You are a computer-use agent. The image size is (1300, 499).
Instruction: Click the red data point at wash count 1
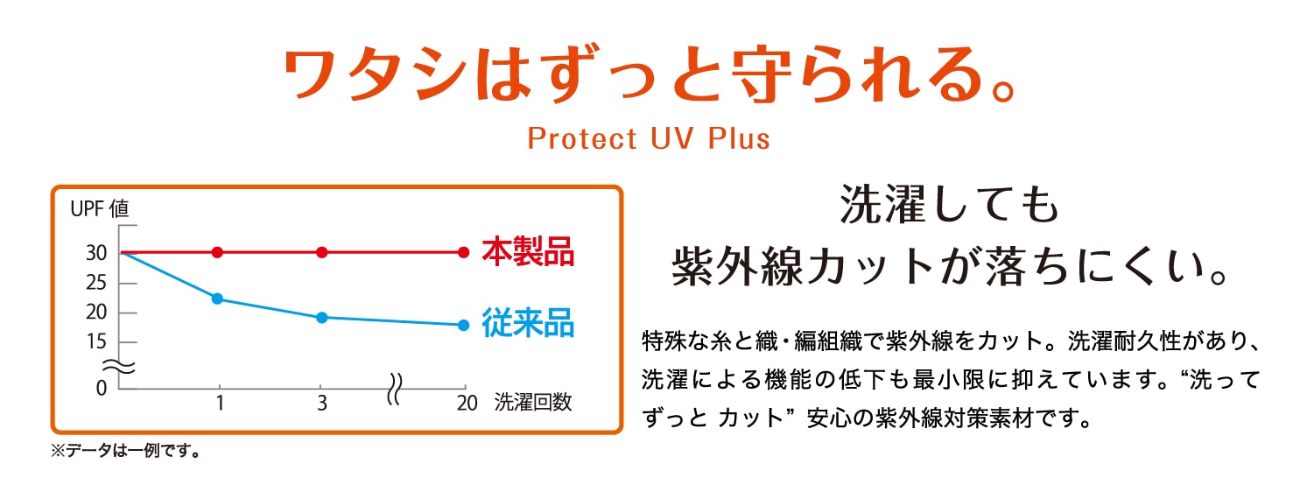click(x=218, y=252)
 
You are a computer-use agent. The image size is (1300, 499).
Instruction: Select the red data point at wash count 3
click(x=322, y=252)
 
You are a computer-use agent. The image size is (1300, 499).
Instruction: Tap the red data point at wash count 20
click(x=463, y=252)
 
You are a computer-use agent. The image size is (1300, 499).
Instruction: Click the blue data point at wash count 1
click(x=218, y=299)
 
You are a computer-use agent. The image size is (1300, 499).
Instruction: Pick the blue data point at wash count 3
click(x=322, y=318)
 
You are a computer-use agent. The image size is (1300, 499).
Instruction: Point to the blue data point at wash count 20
click(x=463, y=325)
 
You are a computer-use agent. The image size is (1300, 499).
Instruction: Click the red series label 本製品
click(x=528, y=252)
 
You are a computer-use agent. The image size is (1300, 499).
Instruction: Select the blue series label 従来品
click(x=528, y=323)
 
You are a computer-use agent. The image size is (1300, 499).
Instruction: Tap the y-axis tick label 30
click(x=96, y=253)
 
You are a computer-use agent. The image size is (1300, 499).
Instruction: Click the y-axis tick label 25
click(x=96, y=283)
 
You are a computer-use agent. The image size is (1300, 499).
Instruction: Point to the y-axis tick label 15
click(x=96, y=341)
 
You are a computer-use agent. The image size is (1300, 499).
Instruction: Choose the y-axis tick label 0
click(x=102, y=388)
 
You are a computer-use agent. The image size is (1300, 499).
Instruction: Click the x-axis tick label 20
click(x=467, y=403)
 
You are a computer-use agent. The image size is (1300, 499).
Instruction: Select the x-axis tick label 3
click(x=322, y=403)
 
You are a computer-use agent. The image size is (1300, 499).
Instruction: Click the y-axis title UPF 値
click(x=99, y=208)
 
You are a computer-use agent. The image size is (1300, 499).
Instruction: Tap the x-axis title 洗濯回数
click(x=533, y=402)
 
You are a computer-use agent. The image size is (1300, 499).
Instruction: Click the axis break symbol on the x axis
click(x=394, y=389)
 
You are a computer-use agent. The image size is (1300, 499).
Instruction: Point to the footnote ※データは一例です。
click(x=125, y=450)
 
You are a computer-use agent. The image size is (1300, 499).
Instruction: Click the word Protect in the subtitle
click(x=581, y=138)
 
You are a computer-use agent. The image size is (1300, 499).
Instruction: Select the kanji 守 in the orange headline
click(x=762, y=74)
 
